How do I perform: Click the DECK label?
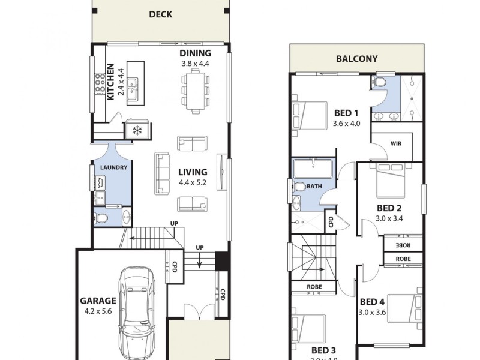[160, 14]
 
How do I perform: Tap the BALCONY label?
[356, 59]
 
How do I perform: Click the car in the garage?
[137, 312]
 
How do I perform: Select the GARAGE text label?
[98, 301]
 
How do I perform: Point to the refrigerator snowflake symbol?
[137, 130]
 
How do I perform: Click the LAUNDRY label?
[113, 167]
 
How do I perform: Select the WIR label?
[395, 144]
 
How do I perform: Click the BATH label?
[314, 187]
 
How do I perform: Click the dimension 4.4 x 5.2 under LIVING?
[193, 182]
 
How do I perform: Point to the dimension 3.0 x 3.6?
[372, 312]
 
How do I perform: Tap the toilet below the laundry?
[102, 218]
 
